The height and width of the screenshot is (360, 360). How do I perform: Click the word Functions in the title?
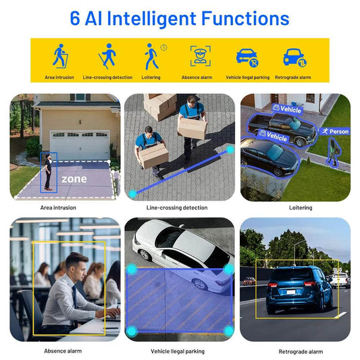[245, 18]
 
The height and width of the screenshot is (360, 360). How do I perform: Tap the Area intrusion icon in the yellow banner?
[60, 56]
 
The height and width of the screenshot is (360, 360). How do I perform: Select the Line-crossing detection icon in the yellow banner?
[107, 56]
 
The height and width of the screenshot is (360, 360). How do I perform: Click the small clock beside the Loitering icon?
[163, 47]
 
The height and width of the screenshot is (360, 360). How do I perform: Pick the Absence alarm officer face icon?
[200, 56]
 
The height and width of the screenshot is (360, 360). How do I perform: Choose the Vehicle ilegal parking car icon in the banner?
[247, 57]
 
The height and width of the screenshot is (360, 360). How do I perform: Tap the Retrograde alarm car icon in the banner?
[294, 57]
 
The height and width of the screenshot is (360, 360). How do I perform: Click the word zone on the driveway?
[74, 179]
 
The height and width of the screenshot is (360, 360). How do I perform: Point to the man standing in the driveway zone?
[48, 172]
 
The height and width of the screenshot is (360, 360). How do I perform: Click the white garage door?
[80, 145]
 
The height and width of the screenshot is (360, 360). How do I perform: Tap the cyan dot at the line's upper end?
[230, 150]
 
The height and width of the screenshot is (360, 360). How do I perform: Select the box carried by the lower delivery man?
[153, 155]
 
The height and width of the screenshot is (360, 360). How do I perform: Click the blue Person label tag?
[335, 131]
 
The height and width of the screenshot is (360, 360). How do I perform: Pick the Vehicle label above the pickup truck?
[287, 109]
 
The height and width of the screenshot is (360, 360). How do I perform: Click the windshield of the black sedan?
[275, 153]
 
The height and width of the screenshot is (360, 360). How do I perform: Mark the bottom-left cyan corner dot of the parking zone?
[132, 331]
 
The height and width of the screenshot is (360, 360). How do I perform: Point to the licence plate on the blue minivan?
[291, 292]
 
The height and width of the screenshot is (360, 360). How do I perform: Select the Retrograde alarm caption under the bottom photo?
[301, 351]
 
